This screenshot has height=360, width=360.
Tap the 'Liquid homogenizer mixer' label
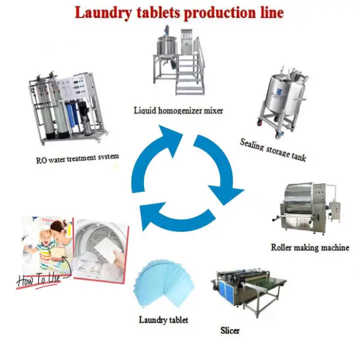tap(178, 110)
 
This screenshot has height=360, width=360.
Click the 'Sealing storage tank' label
tap(273, 149)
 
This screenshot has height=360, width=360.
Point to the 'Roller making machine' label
tap(310, 248)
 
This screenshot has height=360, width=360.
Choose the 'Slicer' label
tap(229, 330)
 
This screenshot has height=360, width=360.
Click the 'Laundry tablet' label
tap(164, 320)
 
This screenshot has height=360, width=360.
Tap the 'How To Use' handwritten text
tap(39, 280)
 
